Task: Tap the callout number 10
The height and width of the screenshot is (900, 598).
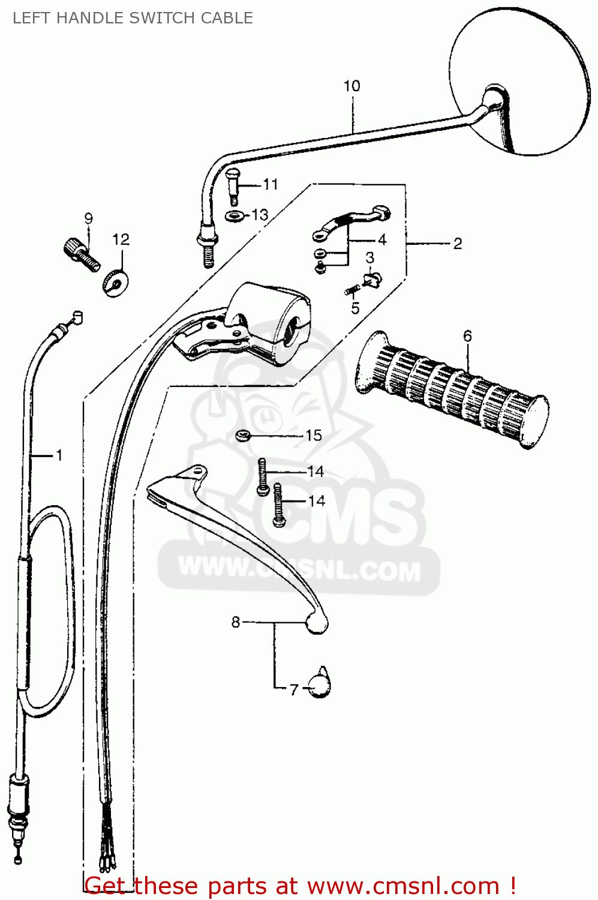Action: [352, 86]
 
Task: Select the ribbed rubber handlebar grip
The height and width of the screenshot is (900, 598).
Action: [452, 390]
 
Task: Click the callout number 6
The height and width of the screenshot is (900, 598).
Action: [467, 336]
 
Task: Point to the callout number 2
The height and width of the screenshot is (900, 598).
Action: [458, 244]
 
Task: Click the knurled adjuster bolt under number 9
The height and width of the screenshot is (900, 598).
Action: [82, 255]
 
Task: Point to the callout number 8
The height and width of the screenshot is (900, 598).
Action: [236, 622]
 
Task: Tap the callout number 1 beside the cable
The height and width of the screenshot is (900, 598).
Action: [59, 455]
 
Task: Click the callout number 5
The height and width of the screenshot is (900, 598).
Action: [356, 308]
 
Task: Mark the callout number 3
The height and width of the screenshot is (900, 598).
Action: [370, 257]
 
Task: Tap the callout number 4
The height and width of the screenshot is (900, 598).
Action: [382, 240]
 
